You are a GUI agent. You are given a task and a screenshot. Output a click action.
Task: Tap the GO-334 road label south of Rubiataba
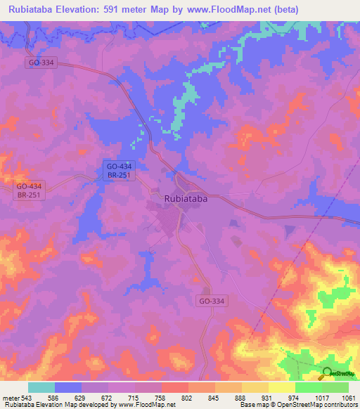pyautogui.click(x=212, y=301)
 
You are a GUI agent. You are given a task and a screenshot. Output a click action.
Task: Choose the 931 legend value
pyautogui.click(x=269, y=397)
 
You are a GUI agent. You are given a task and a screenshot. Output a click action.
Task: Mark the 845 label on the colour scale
pyautogui.click(x=215, y=397)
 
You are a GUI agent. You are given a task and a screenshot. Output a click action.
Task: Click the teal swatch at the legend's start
pyautogui.click(x=41, y=387)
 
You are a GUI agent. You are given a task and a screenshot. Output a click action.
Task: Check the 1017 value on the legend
pyautogui.click(x=322, y=397)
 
